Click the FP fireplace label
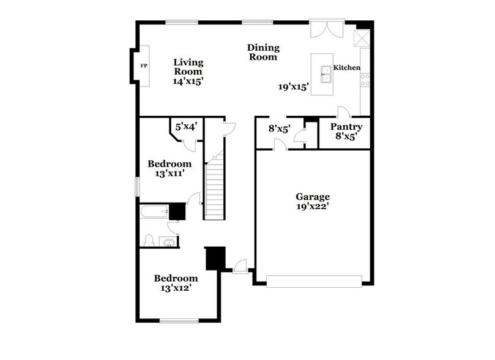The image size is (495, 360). click(x=144, y=66)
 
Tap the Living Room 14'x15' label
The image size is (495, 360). click(x=188, y=71)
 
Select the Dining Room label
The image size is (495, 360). click(x=263, y=52)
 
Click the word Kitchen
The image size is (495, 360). click(x=346, y=68)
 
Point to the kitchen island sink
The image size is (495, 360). click(x=326, y=74)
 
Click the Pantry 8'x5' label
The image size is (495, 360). click(x=346, y=132)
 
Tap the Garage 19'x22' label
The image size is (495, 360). click(x=313, y=201)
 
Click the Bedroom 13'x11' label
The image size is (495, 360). click(x=169, y=168)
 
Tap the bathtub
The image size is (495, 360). click(x=154, y=212)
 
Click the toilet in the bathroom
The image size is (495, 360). click(x=149, y=240)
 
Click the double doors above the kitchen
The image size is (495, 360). click(x=323, y=31)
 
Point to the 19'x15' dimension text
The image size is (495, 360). click(x=294, y=87)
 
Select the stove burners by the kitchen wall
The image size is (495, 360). click(x=365, y=79)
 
